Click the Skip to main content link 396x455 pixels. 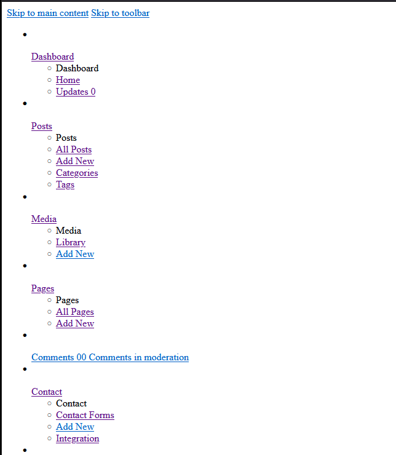[x=47, y=13]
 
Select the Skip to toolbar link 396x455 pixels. [x=120, y=13]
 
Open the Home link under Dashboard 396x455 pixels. [x=68, y=80]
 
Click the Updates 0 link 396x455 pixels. [x=75, y=92]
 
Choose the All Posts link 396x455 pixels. [x=73, y=149]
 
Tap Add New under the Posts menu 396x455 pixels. [x=74, y=161]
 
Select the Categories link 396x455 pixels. [x=77, y=173]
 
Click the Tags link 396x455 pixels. [x=65, y=184]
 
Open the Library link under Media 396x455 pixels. [x=70, y=242]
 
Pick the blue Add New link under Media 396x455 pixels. [x=74, y=254]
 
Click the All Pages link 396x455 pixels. [x=74, y=312]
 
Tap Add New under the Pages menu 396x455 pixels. [x=74, y=323]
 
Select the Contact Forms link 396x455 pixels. [x=85, y=415]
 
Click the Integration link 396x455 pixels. [x=77, y=438]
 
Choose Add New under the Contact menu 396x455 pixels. [x=74, y=427]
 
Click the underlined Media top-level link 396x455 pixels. [x=44, y=219]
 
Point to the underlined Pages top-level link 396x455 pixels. [x=42, y=288]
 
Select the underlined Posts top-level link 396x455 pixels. [x=41, y=126]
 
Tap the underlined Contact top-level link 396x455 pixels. [x=46, y=392]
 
